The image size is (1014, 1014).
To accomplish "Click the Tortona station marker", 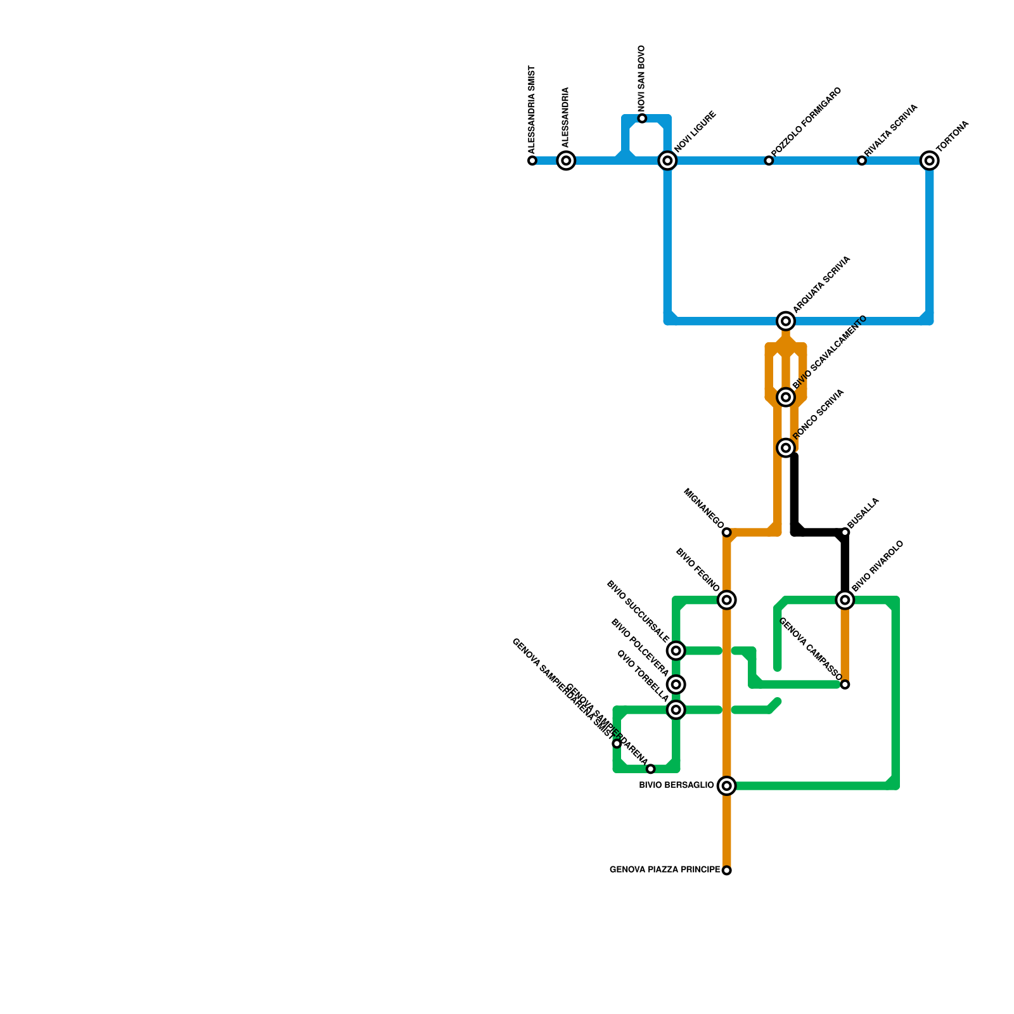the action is point(929,161).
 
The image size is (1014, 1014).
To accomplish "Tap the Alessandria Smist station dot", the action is point(532,161).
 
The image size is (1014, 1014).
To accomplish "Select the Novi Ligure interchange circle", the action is point(667,161).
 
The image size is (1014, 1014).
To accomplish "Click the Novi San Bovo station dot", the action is point(642,119).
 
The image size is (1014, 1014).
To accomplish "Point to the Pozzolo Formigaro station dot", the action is point(769,161).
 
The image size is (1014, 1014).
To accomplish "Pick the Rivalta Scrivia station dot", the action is point(862,161).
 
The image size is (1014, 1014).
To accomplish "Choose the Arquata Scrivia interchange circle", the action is point(786,321).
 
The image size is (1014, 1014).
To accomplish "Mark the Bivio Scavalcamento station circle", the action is point(786,397).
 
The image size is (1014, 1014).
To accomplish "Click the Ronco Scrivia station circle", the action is point(786,448).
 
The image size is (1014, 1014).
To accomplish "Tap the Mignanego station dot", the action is point(727,532).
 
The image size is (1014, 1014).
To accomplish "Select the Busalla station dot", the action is point(845,532).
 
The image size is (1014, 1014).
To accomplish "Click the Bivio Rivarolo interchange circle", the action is point(845,600).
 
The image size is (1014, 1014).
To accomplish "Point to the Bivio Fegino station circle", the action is point(727,600).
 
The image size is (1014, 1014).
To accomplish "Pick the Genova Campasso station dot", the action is point(845,684).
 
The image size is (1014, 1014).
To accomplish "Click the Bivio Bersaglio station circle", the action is point(727,786).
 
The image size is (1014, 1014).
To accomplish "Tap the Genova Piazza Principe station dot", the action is point(727,870).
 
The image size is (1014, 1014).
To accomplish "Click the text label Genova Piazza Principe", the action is point(665,870).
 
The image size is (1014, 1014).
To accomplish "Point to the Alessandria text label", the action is point(566,117).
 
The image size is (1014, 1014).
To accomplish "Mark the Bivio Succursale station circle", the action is point(676,650).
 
